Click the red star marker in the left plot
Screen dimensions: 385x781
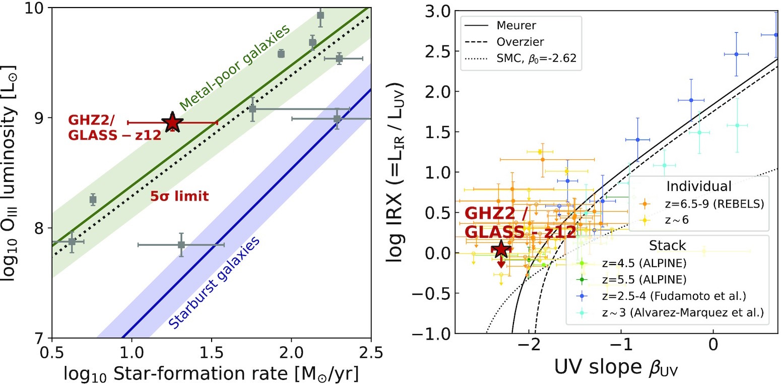172,122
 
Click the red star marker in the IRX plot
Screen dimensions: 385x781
501,248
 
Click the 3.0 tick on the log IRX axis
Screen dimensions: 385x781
433,11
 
